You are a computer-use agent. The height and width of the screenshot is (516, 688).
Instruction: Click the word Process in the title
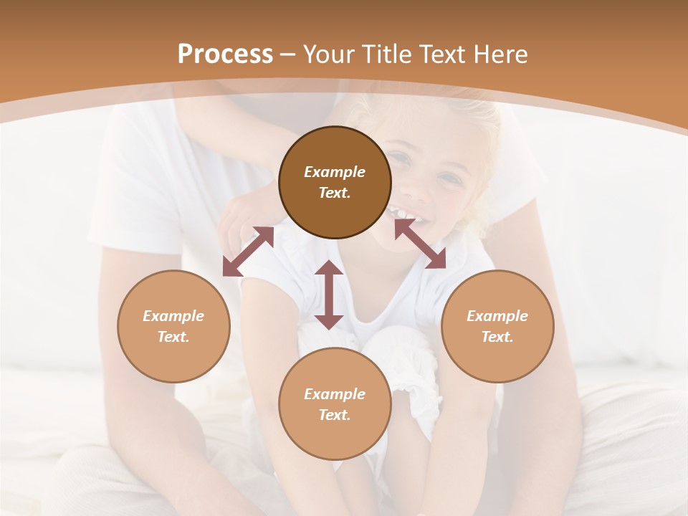[225, 54]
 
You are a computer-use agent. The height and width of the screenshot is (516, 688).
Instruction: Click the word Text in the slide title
[444, 54]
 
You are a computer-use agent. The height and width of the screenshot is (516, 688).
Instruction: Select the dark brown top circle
[335, 182]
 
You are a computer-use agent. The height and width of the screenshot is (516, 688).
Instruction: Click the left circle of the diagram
[173, 326]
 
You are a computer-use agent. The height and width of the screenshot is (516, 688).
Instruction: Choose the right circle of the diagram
[497, 326]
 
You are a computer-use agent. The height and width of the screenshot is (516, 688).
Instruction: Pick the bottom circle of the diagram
[335, 403]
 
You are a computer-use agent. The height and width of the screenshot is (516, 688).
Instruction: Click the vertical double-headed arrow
[329, 295]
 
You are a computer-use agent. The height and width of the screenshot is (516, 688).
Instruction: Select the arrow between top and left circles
[248, 251]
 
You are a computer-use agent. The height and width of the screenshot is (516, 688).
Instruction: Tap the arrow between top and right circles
[420, 244]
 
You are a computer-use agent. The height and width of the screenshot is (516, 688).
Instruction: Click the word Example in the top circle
[335, 172]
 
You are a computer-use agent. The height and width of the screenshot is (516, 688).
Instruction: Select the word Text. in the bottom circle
[335, 415]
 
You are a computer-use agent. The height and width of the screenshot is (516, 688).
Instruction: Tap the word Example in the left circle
[173, 316]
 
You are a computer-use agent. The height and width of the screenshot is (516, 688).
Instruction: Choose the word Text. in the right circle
[497, 337]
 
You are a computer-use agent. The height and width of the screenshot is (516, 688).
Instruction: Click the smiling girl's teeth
[403, 214]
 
